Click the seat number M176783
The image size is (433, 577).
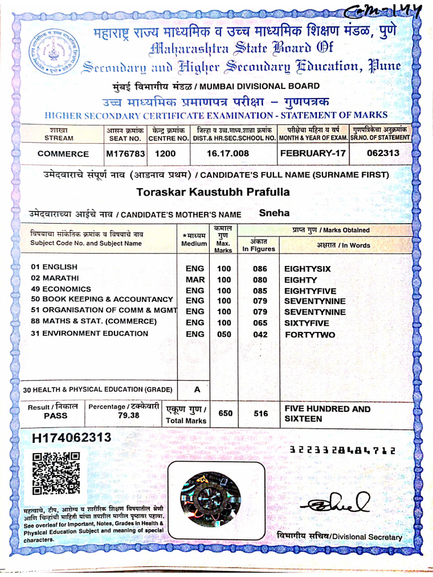tap(126, 153)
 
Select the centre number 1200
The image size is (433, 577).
tap(165, 153)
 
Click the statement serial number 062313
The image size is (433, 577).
tap(383, 153)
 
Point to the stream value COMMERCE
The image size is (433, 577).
tap(63, 154)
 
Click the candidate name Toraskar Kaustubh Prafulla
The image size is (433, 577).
tap(213, 192)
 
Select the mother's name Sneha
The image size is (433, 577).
tap(274, 213)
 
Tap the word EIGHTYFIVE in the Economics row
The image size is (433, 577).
tap(310, 291)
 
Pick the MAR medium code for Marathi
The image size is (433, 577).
tap(195, 279)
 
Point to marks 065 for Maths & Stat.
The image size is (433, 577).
tap(260, 323)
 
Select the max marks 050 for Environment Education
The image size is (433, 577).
tap(224, 334)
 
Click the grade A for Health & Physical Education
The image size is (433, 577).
tap(197, 389)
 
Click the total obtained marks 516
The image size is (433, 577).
tap(260, 413)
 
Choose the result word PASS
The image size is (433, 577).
tap(55, 416)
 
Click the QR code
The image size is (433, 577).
tap(56, 473)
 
